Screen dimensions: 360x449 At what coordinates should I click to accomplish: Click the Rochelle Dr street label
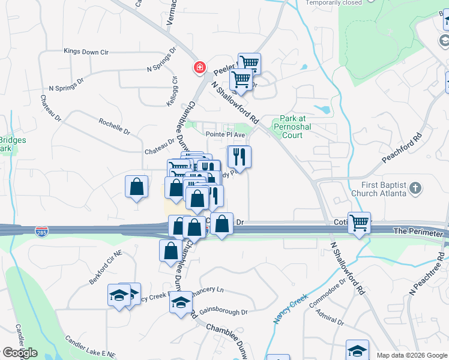click(115, 125)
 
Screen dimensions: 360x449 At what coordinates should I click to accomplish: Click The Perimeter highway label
click(418, 231)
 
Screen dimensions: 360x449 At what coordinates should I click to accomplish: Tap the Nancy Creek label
click(291, 309)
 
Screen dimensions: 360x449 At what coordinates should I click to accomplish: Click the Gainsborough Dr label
click(223, 312)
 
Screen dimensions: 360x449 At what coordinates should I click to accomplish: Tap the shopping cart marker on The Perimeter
click(359, 223)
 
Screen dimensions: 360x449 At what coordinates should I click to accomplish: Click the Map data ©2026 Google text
click(411, 355)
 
